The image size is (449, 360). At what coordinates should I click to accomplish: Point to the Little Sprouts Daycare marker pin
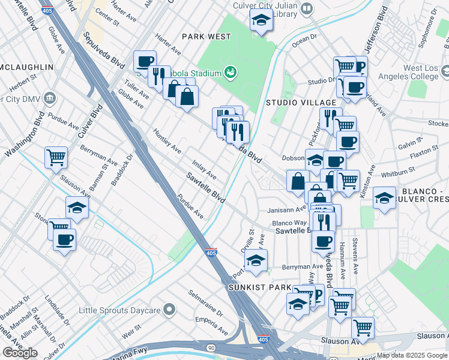tap(170, 310)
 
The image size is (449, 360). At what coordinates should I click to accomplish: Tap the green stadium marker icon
tap(231, 73)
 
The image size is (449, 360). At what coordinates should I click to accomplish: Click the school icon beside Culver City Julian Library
tap(261, 21)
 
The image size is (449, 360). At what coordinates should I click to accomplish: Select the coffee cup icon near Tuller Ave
tap(145, 61)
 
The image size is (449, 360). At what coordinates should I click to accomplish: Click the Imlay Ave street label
tap(203, 169)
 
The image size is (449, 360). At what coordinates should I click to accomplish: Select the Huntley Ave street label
tap(166, 140)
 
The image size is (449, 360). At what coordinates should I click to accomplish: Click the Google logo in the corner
tap(20, 353)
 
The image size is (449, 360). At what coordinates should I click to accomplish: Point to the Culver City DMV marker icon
tap(50, 97)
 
